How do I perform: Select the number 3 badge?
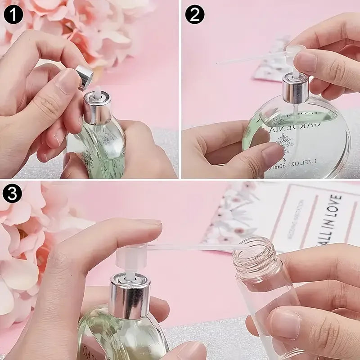[x=13, y=195]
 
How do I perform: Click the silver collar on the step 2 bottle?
[x=295, y=89]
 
